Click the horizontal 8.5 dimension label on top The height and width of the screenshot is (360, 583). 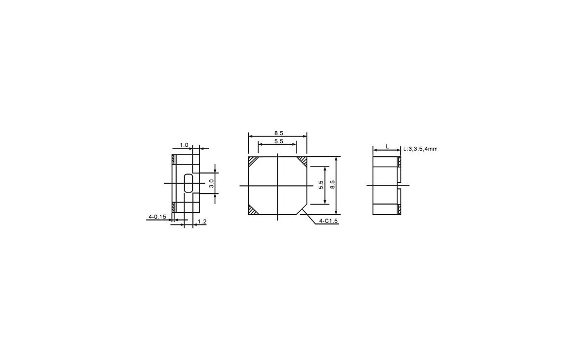(x=278, y=133)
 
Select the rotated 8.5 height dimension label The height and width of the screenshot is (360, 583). (x=332, y=185)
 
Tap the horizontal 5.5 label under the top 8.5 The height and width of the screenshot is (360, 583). (x=278, y=141)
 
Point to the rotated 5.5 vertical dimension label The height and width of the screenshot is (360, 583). (x=321, y=185)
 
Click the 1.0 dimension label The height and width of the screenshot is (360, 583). (x=184, y=145)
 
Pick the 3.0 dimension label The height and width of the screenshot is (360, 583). (x=212, y=183)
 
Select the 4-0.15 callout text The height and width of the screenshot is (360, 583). (x=157, y=217)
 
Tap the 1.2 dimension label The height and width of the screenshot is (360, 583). (x=202, y=222)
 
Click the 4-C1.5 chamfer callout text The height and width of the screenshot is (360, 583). (x=328, y=221)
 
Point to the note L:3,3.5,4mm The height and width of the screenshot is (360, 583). (x=420, y=149)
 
